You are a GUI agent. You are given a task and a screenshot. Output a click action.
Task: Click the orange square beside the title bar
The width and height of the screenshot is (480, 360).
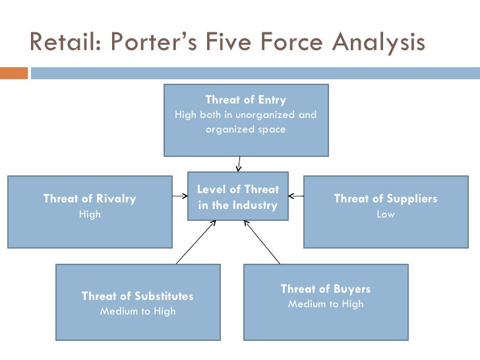tap(14, 72)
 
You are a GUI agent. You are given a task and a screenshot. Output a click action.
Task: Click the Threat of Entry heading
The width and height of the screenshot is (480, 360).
tap(245, 100)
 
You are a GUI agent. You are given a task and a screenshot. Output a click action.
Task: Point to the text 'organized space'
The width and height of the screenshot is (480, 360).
tap(245, 129)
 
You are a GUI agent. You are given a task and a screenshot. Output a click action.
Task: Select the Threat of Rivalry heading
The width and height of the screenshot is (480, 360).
tap(89, 198)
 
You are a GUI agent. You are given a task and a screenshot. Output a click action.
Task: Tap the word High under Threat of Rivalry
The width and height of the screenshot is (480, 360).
tap(90, 214)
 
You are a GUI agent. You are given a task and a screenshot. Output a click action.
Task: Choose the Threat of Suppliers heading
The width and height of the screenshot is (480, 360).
tap(385, 198)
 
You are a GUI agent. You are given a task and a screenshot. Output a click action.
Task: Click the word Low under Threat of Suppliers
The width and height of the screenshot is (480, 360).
tap(385, 214)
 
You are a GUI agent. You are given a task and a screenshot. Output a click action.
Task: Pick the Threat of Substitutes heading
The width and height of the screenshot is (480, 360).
tap(137, 296)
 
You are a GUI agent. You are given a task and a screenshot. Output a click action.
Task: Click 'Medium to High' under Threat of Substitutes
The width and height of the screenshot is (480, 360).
tap(137, 311)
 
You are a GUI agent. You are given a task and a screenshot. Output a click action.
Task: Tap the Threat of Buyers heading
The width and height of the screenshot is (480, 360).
tap(325, 289)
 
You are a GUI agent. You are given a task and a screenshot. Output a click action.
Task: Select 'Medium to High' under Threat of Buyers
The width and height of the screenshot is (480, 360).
tap(325, 304)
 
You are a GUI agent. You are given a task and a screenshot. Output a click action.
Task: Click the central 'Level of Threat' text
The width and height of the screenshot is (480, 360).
tap(237, 190)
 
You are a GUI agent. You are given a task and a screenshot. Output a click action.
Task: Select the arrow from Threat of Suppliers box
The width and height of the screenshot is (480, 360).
tap(296, 195)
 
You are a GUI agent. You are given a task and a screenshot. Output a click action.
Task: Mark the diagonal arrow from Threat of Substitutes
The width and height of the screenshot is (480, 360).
tap(196, 242)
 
